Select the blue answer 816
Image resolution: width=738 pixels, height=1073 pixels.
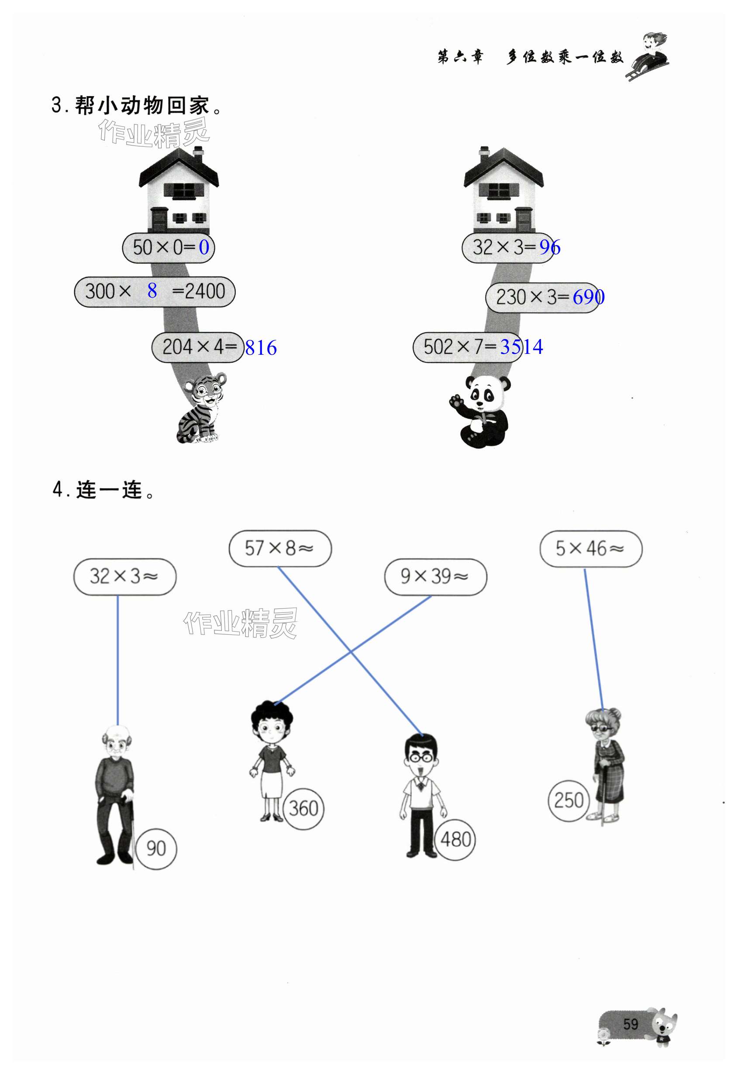(261, 348)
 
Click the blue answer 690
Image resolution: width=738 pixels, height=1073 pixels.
(588, 297)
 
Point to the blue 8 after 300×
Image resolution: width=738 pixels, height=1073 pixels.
(152, 291)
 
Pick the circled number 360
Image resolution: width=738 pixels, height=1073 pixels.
(303, 808)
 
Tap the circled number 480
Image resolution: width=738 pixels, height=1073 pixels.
(455, 839)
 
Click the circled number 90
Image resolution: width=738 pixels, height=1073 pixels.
(156, 848)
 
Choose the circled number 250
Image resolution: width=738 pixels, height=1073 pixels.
(569, 800)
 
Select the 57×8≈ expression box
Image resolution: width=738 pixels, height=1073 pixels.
(280, 549)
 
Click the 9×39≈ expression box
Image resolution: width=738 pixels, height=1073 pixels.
(435, 576)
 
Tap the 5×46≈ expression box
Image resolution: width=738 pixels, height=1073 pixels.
(590, 549)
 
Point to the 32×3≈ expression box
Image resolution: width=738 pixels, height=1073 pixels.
(124, 576)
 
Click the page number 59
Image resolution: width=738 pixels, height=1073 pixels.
(630, 1024)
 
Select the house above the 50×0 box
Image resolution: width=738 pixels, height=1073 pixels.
(179, 190)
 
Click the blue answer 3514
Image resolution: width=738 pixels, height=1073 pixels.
(521, 347)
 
